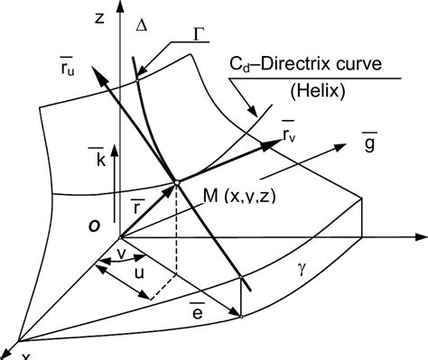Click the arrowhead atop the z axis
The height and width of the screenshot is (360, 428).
click(116, 13)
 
